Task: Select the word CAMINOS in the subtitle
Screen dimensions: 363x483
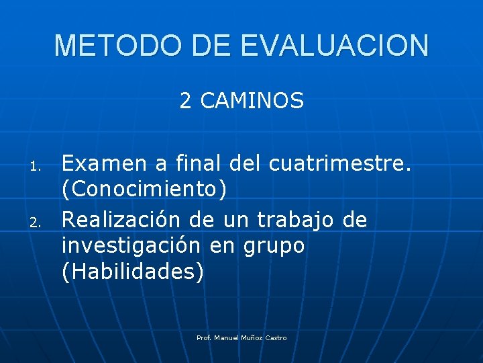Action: (252, 102)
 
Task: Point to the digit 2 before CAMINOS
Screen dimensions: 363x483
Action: (185, 102)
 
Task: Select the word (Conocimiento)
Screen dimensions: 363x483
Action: (144, 190)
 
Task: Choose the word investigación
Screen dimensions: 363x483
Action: (130, 246)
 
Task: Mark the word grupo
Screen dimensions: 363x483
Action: (273, 247)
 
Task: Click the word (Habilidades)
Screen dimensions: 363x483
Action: (131, 274)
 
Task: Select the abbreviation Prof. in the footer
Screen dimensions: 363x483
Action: (204, 337)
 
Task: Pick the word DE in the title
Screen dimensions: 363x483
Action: (209, 46)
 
